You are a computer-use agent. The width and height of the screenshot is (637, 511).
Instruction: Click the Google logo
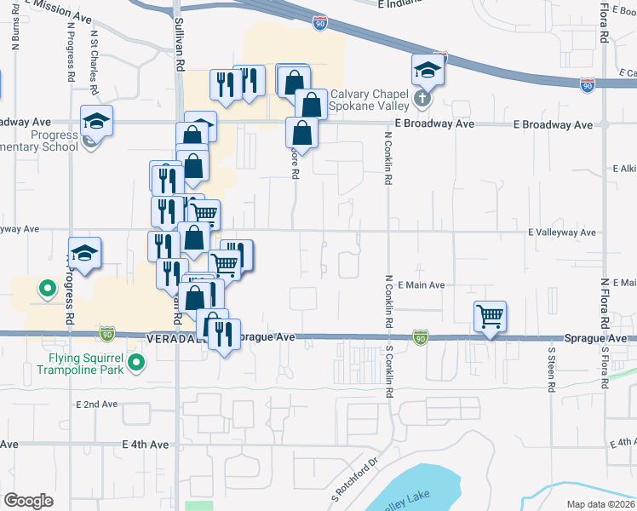point(28,501)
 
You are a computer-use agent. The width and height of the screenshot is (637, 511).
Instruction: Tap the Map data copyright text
point(601,504)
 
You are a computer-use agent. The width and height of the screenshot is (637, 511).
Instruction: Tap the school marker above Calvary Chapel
point(428,72)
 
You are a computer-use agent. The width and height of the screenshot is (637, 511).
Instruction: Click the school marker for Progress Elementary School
point(97,122)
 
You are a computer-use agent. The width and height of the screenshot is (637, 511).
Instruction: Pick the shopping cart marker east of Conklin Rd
point(491,318)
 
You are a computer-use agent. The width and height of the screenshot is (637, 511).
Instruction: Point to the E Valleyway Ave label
point(562,232)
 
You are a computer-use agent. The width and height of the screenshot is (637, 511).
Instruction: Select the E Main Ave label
point(421,284)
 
